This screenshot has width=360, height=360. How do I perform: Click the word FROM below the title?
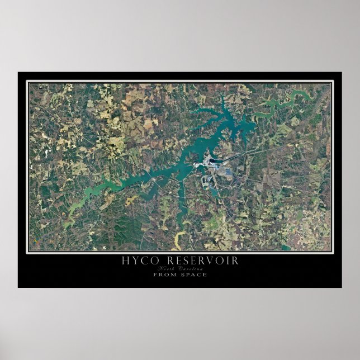point(164,274)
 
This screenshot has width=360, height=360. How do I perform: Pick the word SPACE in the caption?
point(193,274)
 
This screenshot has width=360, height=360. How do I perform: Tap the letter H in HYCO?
point(125,261)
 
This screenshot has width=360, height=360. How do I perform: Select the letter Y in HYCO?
point(132,261)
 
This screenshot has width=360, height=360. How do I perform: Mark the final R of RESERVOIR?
point(235,261)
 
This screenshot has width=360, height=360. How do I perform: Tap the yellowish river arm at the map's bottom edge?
point(178,241)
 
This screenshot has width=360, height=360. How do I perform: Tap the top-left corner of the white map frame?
point(27,82)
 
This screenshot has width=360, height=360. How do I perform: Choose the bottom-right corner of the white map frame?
point(333,253)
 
